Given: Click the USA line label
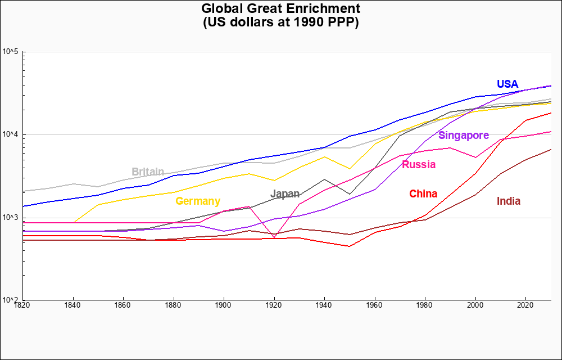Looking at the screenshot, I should click(x=507, y=84).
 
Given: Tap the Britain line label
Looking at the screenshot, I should click(x=148, y=172).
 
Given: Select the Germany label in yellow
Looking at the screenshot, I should click(x=198, y=201).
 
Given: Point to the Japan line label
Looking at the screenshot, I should click(x=285, y=194).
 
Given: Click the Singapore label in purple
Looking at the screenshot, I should click(x=464, y=136).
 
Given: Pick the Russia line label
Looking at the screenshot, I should click(x=419, y=165).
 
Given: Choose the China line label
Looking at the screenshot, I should click(x=423, y=194).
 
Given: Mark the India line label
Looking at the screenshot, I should click(x=509, y=201).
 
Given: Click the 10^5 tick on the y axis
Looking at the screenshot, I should click(x=11, y=52).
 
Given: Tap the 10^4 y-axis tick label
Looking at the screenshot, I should click(x=11, y=135).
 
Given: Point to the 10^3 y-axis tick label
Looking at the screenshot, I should click(x=11, y=218).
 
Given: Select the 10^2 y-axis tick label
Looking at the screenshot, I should click(x=11, y=300).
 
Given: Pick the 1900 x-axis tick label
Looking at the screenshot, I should click(x=224, y=305).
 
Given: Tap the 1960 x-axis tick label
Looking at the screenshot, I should click(x=374, y=305).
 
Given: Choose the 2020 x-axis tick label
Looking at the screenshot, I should click(x=525, y=305).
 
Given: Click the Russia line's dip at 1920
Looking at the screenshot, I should click(x=274, y=237).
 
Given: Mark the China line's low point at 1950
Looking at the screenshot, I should click(x=350, y=246).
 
